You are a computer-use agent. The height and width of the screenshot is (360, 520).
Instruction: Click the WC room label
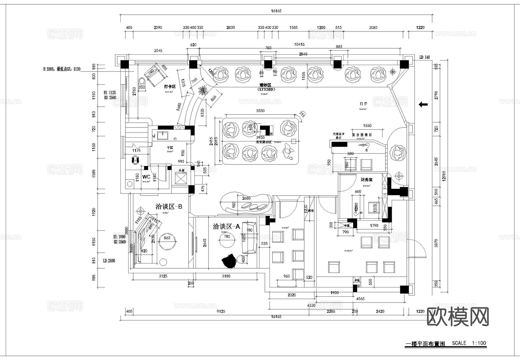(146, 177)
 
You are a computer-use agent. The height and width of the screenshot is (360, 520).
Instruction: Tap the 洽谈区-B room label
(169, 207)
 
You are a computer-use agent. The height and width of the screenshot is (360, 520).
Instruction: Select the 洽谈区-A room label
(226, 226)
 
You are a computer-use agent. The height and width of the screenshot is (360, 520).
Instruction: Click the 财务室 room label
(366, 180)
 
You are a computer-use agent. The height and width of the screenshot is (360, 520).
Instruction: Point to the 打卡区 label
(170, 86)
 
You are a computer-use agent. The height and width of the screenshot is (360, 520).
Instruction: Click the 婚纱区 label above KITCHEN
(265, 85)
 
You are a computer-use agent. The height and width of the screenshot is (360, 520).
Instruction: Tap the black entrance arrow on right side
(423, 105)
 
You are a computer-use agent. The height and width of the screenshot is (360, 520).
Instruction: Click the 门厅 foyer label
(363, 104)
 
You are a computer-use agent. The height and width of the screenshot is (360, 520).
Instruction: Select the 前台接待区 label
(362, 135)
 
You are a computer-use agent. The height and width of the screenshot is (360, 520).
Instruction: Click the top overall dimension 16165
(276, 11)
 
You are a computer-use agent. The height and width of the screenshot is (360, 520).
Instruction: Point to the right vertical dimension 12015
(444, 176)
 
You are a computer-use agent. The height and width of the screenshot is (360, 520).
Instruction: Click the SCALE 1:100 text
(469, 343)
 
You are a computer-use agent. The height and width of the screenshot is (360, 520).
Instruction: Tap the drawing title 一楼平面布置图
(425, 344)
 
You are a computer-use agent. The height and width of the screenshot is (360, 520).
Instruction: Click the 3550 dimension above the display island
(260, 111)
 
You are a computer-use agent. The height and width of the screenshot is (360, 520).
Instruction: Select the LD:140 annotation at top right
(424, 57)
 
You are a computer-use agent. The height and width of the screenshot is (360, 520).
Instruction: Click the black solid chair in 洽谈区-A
(229, 261)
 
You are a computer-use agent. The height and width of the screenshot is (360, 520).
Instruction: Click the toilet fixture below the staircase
(135, 159)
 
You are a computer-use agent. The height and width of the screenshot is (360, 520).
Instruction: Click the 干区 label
(170, 148)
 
